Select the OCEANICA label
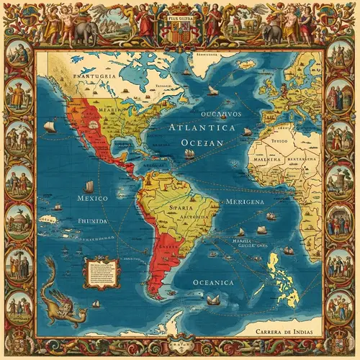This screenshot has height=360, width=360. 213,283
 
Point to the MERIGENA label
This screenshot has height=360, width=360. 244,202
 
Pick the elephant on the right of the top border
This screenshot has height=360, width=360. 274,32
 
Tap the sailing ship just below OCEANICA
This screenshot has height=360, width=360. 214,299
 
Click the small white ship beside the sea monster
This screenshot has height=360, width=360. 96,304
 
